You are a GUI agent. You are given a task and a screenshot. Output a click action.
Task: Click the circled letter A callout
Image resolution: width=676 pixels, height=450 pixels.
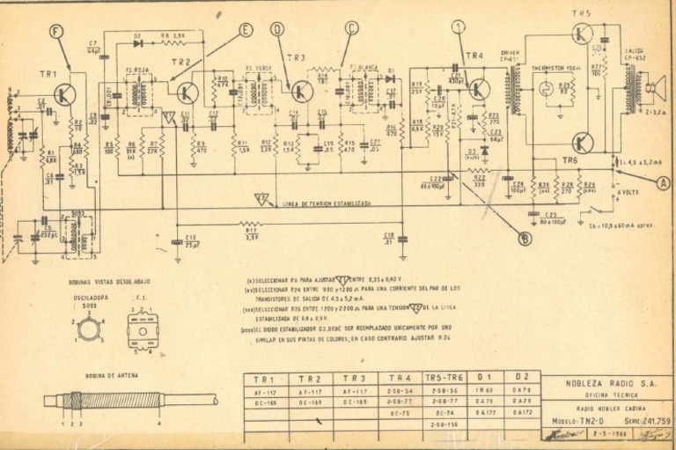663,182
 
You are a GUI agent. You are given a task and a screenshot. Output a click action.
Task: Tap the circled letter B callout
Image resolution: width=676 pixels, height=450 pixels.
525,238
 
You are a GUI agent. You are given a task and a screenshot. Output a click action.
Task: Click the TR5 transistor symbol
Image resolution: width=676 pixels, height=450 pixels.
582,34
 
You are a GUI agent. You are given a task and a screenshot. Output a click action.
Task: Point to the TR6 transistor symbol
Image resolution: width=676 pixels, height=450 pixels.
582,143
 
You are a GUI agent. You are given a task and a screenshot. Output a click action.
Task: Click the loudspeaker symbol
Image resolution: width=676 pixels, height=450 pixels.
653,87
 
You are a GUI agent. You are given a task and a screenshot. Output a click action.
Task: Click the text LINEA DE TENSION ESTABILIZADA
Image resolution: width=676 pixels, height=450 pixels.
327,204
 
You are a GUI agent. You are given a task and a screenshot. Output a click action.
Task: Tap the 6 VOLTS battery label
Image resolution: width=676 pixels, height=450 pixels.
628,192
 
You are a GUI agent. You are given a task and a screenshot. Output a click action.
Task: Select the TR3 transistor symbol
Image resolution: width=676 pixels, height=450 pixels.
302,91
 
